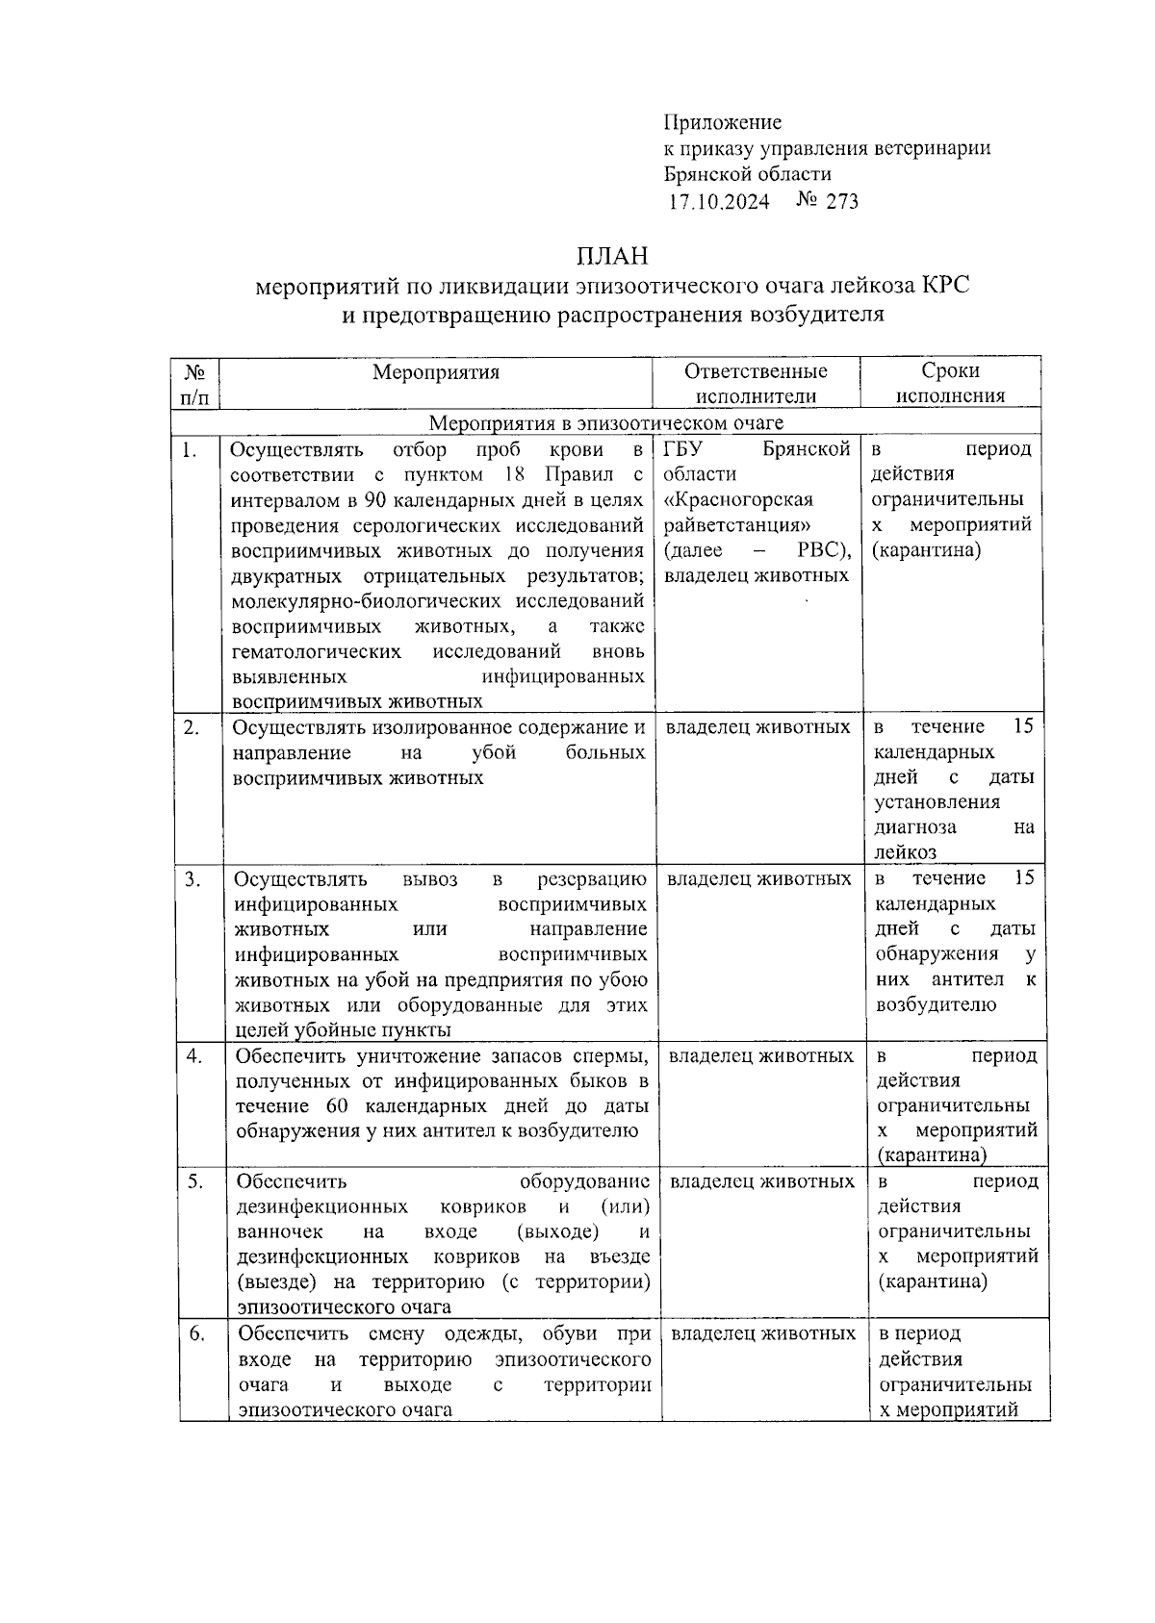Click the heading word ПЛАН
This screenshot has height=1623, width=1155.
pyautogui.click(x=612, y=256)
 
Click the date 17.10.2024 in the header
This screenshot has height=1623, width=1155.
pyautogui.click(x=718, y=201)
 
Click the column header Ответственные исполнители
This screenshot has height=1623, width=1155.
pyautogui.click(x=756, y=383)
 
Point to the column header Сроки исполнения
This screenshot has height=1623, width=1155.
pyautogui.click(x=950, y=383)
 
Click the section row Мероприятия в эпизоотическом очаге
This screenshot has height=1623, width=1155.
pyautogui.click(x=605, y=422)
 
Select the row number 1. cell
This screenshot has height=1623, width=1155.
pyautogui.click(x=191, y=449)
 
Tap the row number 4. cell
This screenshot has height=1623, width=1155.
pyautogui.click(x=193, y=1055)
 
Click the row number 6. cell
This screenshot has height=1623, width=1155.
pyautogui.click(x=195, y=1333)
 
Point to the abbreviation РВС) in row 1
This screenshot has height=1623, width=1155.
pyautogui.click(x=824, y=550)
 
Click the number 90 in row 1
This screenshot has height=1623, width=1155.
pyautogui.click(x=377, y=500)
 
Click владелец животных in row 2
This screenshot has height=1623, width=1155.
pyautogui.click(x=757, y=726)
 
